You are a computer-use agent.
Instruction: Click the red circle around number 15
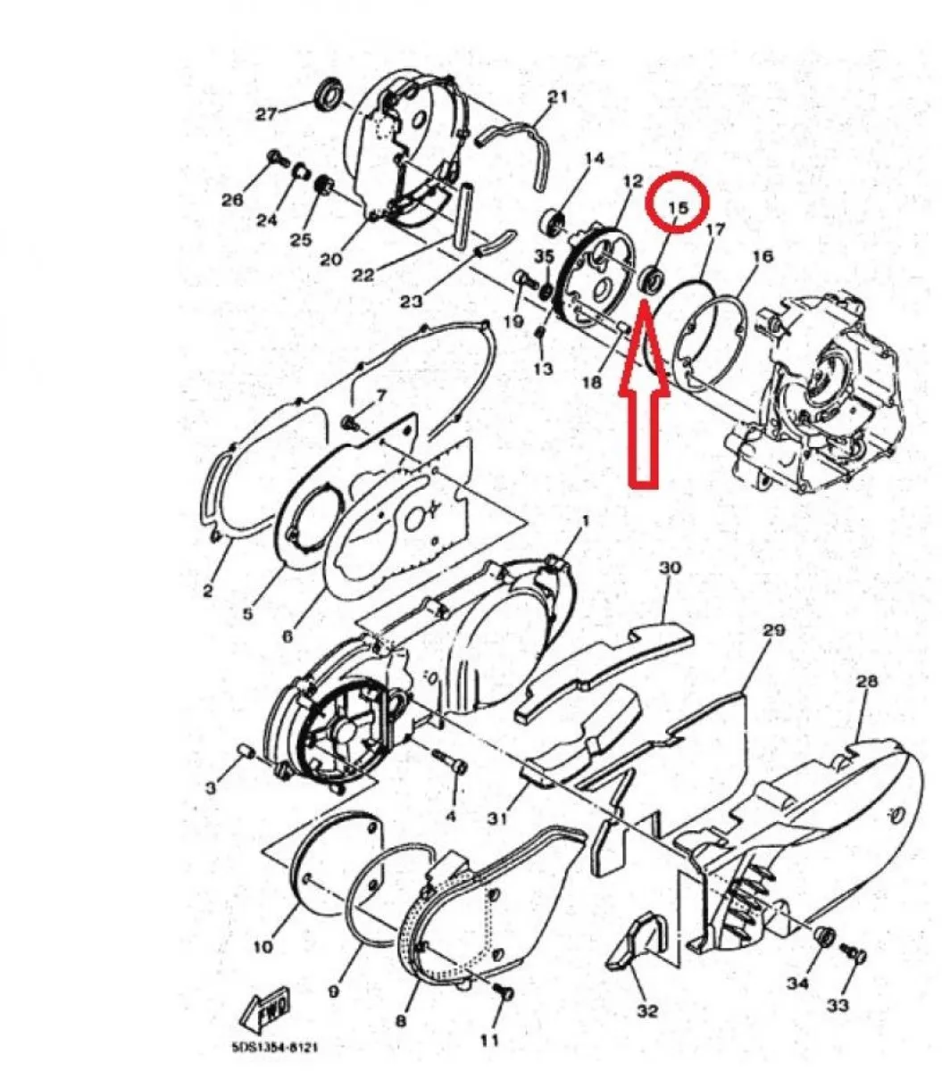tap(678, 202)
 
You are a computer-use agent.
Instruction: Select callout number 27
tap(267, 113)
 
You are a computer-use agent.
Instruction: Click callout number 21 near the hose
tap(556, 97)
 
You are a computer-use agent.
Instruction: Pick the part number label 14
tap(594, 159)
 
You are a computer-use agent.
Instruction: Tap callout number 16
tap(763, 257)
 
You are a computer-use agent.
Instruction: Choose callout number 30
tap(671, 569)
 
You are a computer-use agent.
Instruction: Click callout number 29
tap(773, 630)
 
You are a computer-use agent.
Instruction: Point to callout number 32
tap(646, 1011)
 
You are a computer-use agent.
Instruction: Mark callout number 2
tap(208, 591)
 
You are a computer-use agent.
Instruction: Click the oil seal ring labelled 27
tap(329, 95)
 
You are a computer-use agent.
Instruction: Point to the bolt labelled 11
tap(503, 992)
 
